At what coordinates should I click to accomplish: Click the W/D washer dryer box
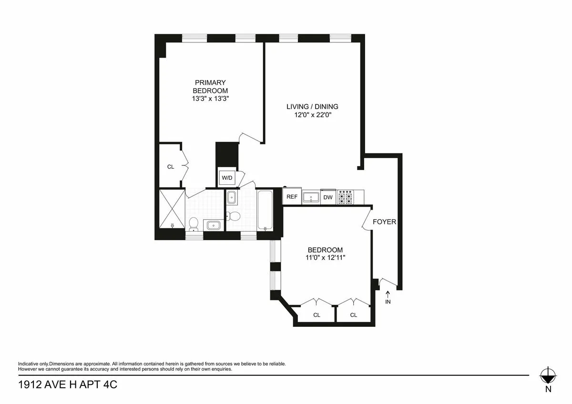pos(227,178)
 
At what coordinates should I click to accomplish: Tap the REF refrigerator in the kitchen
pos(292,197)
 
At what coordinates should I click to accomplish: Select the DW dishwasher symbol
pos(328,197)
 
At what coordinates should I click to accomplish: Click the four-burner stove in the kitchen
pos(346,197)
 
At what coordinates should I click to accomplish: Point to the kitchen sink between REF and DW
pos(311,197)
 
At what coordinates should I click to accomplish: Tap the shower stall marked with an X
pos(171,209)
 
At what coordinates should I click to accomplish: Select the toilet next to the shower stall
pos(194,223)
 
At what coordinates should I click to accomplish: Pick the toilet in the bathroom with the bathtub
pos(234,216)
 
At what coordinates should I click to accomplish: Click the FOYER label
pos(384,222)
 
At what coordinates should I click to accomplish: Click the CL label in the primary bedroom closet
pos(171,167)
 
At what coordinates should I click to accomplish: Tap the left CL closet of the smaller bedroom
pos(317,315)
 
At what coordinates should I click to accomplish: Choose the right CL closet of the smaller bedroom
pos(353,315)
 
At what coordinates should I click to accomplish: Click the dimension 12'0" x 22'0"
pos(312,114)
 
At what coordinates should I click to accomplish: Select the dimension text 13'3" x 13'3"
pos(210,99)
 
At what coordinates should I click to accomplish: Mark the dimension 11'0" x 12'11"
pos(325,258)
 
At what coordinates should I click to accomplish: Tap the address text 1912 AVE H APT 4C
pos(67,384)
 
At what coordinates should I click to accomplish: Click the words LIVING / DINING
pos(312,106)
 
